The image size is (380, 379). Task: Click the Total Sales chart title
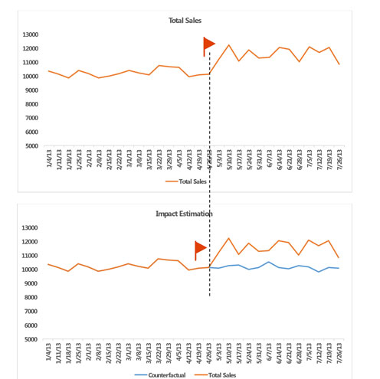185,20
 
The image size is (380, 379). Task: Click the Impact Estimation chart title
185,214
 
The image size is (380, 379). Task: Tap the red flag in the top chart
209,45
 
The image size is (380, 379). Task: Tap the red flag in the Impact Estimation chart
201,248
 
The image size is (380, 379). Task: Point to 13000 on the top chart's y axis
33,34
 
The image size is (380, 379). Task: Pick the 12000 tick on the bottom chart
33,242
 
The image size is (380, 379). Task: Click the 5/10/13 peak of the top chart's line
229,45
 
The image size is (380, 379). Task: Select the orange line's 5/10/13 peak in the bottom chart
229,238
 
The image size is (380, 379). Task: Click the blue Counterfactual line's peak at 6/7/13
268,262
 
